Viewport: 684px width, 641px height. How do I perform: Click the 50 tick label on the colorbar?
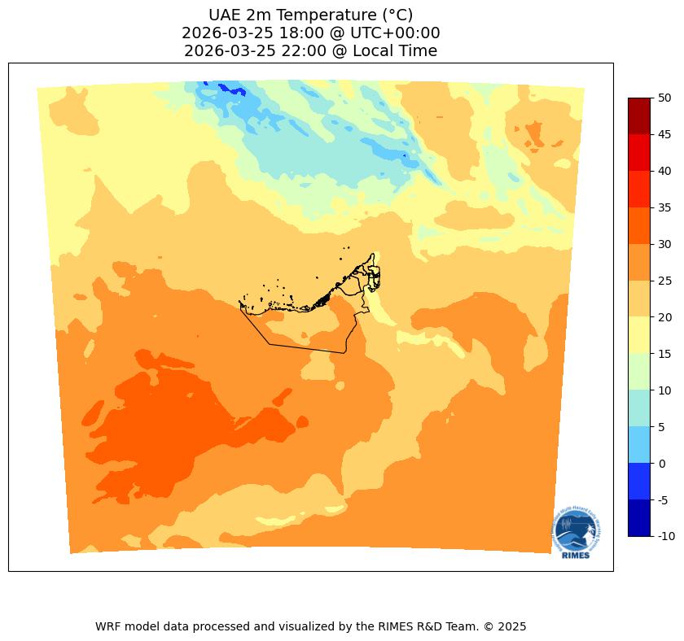point(664,98)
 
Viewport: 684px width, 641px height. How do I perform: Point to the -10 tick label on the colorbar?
point(667,537)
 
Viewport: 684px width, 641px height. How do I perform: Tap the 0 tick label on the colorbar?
point(662,464)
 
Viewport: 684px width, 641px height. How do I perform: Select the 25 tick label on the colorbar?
point(664,281)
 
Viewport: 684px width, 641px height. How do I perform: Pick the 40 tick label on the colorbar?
point(664,171)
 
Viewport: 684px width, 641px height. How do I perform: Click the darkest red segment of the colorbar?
point(639,116)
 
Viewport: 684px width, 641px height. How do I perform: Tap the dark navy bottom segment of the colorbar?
point(639,518)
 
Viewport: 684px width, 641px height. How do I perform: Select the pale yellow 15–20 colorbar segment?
point(639,335)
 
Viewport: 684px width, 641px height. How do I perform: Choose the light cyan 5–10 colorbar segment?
point(639,408)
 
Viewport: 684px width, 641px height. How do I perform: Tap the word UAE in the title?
point(224,15)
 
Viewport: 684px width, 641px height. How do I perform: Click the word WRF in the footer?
point(108,626)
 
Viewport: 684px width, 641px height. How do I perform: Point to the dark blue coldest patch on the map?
point(221,87)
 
